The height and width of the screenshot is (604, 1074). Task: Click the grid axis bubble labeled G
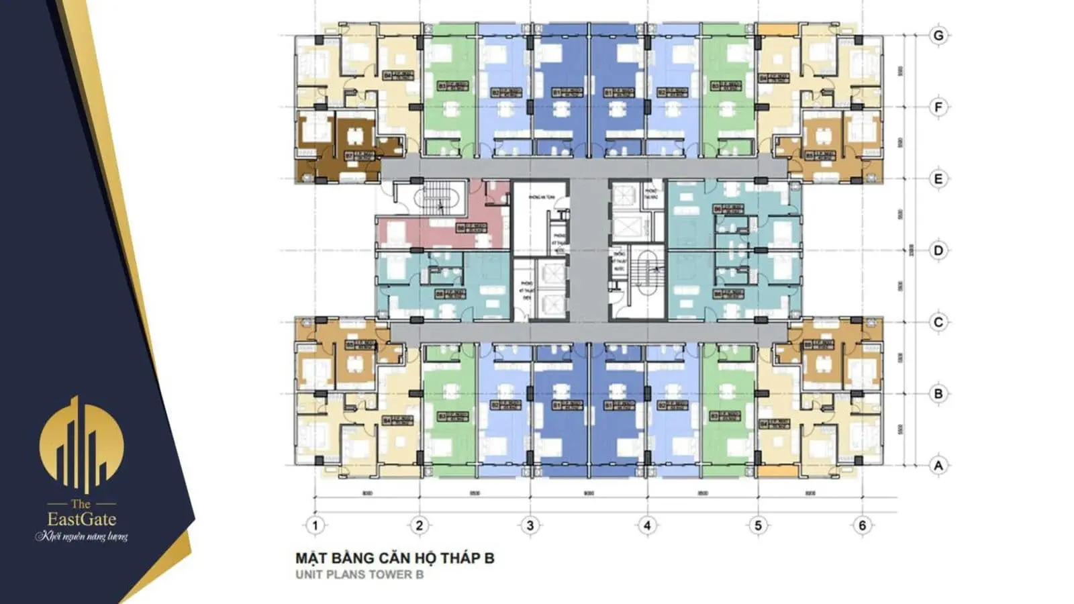[938, 36]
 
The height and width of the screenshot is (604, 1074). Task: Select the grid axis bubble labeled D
[938, 250]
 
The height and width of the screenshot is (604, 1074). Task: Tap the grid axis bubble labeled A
[938, 465]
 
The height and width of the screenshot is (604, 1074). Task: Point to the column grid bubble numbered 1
[315, 525]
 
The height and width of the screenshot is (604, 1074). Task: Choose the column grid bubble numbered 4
[646, 525]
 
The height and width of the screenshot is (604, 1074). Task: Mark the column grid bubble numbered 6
[863, 525]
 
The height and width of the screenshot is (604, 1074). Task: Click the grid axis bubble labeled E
[938, 179]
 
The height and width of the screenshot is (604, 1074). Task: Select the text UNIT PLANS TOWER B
[359, 574]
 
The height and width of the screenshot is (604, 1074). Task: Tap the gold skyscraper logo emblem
[81, 443]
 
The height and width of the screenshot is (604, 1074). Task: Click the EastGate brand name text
[81, 519]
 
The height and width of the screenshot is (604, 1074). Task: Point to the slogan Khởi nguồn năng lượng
[81, 536]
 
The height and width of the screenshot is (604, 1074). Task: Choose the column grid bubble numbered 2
[419, 525]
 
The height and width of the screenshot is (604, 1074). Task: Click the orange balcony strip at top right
[777, 30]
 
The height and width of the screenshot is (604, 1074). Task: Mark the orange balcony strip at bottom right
[777, 472]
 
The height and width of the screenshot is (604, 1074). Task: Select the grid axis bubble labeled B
[938, 393]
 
